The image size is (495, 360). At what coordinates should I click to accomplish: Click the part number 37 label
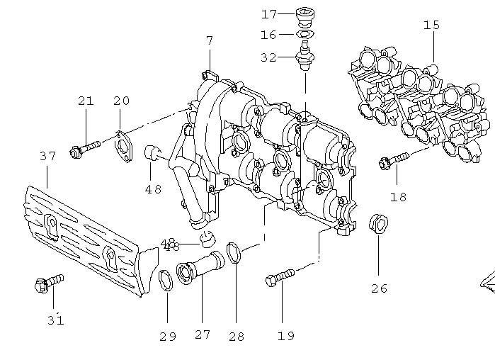coord(47,156)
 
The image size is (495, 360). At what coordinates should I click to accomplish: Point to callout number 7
coord(210,40)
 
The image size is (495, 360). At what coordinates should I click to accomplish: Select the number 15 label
coord(431,26)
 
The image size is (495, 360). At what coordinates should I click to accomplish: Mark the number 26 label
coord(379,288)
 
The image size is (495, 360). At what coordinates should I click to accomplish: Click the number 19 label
coord(285,336)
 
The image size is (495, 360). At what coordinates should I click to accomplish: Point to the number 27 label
coord(203,335)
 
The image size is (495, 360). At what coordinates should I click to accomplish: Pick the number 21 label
coord(85,101)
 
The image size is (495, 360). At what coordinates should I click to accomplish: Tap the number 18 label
coord(399,197)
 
